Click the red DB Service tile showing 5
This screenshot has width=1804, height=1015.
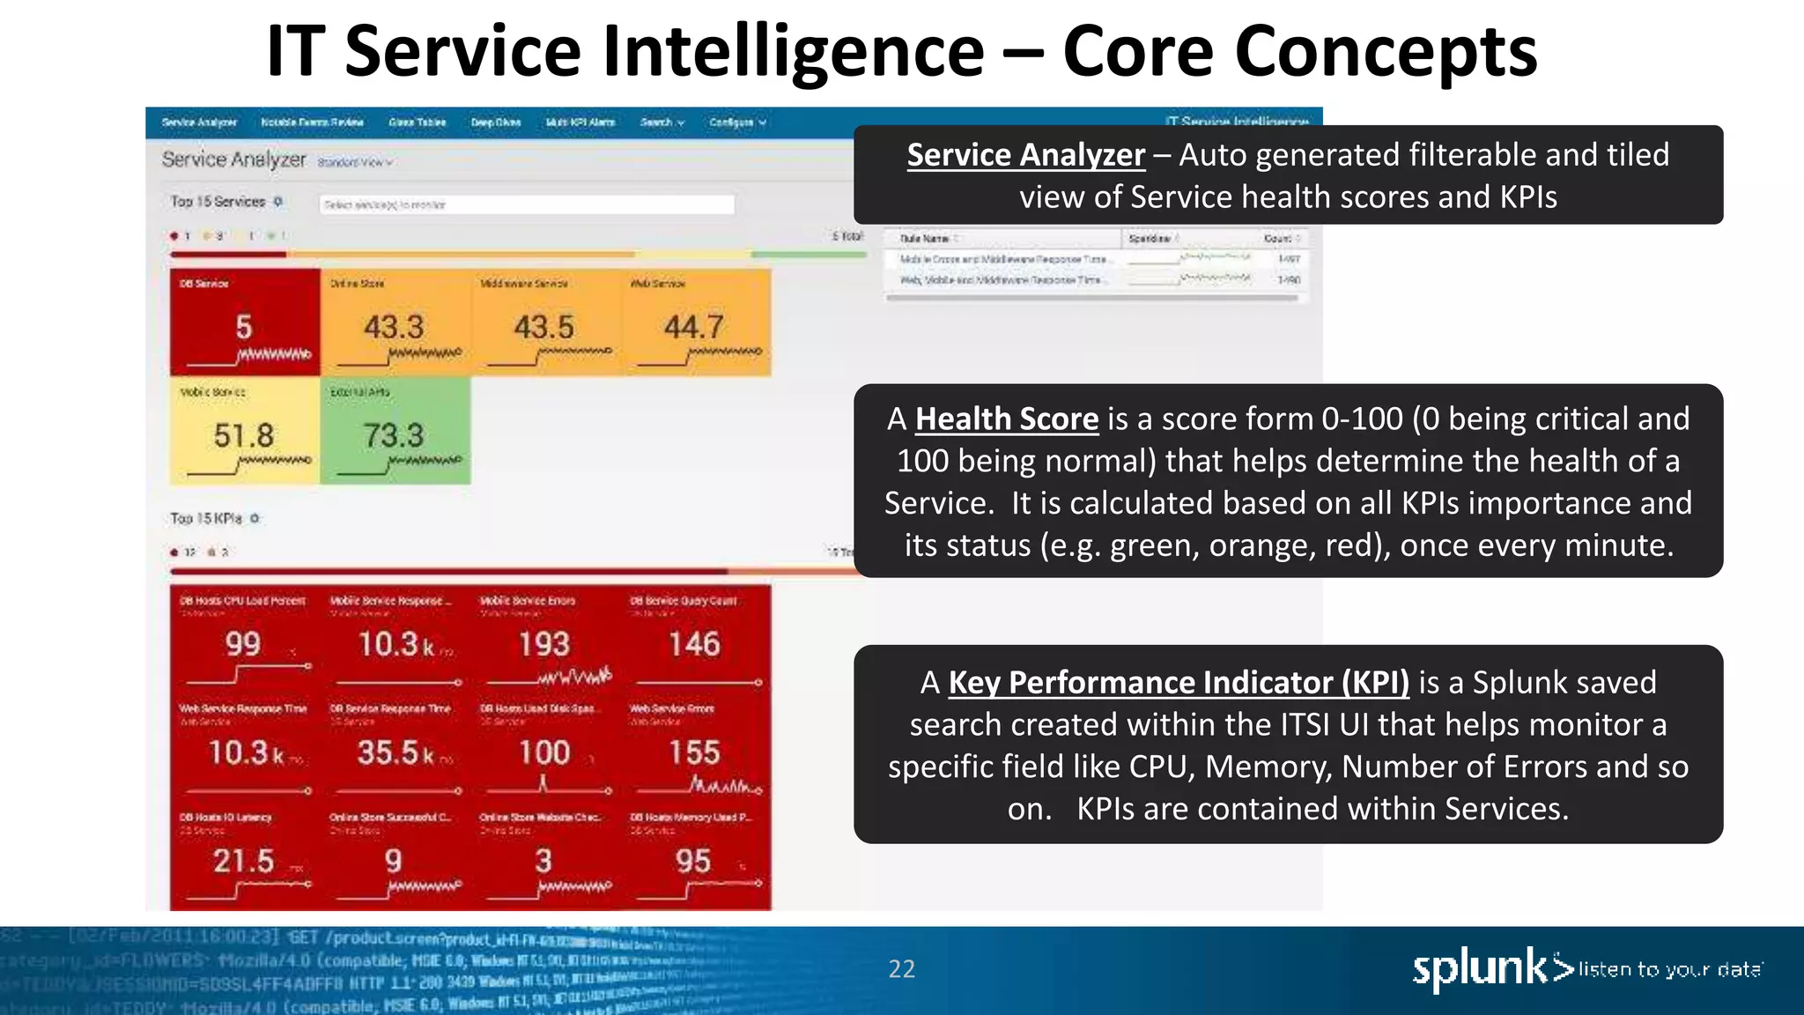pyautogui.click(x=244, y=322)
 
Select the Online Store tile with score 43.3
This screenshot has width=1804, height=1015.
pyautogui.click(x=395, y=322)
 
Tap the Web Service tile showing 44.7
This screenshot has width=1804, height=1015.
pyautogui.click(x=695, y=322)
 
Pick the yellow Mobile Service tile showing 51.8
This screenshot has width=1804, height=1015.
pyautogui.click(x=244, y=431)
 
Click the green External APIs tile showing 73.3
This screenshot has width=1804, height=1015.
pyautogui.click(x=395, y=431)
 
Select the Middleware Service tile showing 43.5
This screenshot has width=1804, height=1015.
pyautogui.click(x=544, y=322)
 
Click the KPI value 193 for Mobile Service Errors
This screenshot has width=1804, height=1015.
pyautogui.click(x=544, y=644)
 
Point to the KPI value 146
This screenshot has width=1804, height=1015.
pyautogui.click(x=695, y=644)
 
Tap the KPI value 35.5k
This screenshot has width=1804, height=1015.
pyautogui.click(x=396, y=752)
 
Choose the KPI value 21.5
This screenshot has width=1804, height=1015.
pyautogui.click(x=244, y=861)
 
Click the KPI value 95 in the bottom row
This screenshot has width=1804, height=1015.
pyautogui.click(x=694, y=861)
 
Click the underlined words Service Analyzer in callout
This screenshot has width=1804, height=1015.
pyautogui.click(x=1025, y=155)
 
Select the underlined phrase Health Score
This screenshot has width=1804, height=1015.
pyautogui.click(x=1007, y=419)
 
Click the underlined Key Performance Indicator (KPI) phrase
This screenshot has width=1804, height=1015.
pyautogui.click(x=1179, y=683)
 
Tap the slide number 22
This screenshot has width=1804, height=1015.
pyautogui.click(x=901, y=969)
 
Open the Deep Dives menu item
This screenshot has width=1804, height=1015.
pyautogui.click(x=496, y=122)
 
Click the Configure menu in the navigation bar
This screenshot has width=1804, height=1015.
pyautogui.click(x=737, y=122)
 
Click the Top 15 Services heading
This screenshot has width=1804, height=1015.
pyautogui.click(x=218, y=202)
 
